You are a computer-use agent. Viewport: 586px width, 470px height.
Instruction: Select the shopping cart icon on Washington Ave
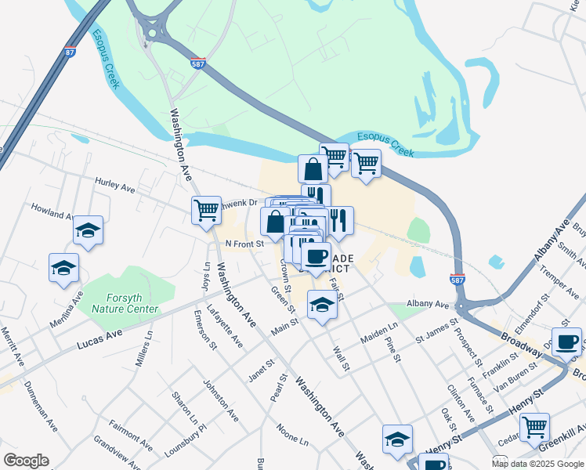206,210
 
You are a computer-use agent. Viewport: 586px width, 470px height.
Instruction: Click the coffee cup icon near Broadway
566,342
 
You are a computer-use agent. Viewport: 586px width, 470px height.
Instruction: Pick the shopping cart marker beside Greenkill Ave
534,428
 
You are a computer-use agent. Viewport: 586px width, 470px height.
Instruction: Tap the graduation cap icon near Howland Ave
89,230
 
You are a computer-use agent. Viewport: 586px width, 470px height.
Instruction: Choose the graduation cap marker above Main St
321,305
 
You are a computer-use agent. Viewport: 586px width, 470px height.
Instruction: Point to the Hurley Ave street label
115,187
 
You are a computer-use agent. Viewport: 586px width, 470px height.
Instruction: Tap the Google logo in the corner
26,460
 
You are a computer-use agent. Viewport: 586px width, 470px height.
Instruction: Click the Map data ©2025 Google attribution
537,464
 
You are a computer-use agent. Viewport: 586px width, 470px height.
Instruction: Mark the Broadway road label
519,342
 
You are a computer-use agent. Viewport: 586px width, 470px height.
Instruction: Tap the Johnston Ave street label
221,400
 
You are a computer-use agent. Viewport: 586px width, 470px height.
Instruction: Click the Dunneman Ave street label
40,407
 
